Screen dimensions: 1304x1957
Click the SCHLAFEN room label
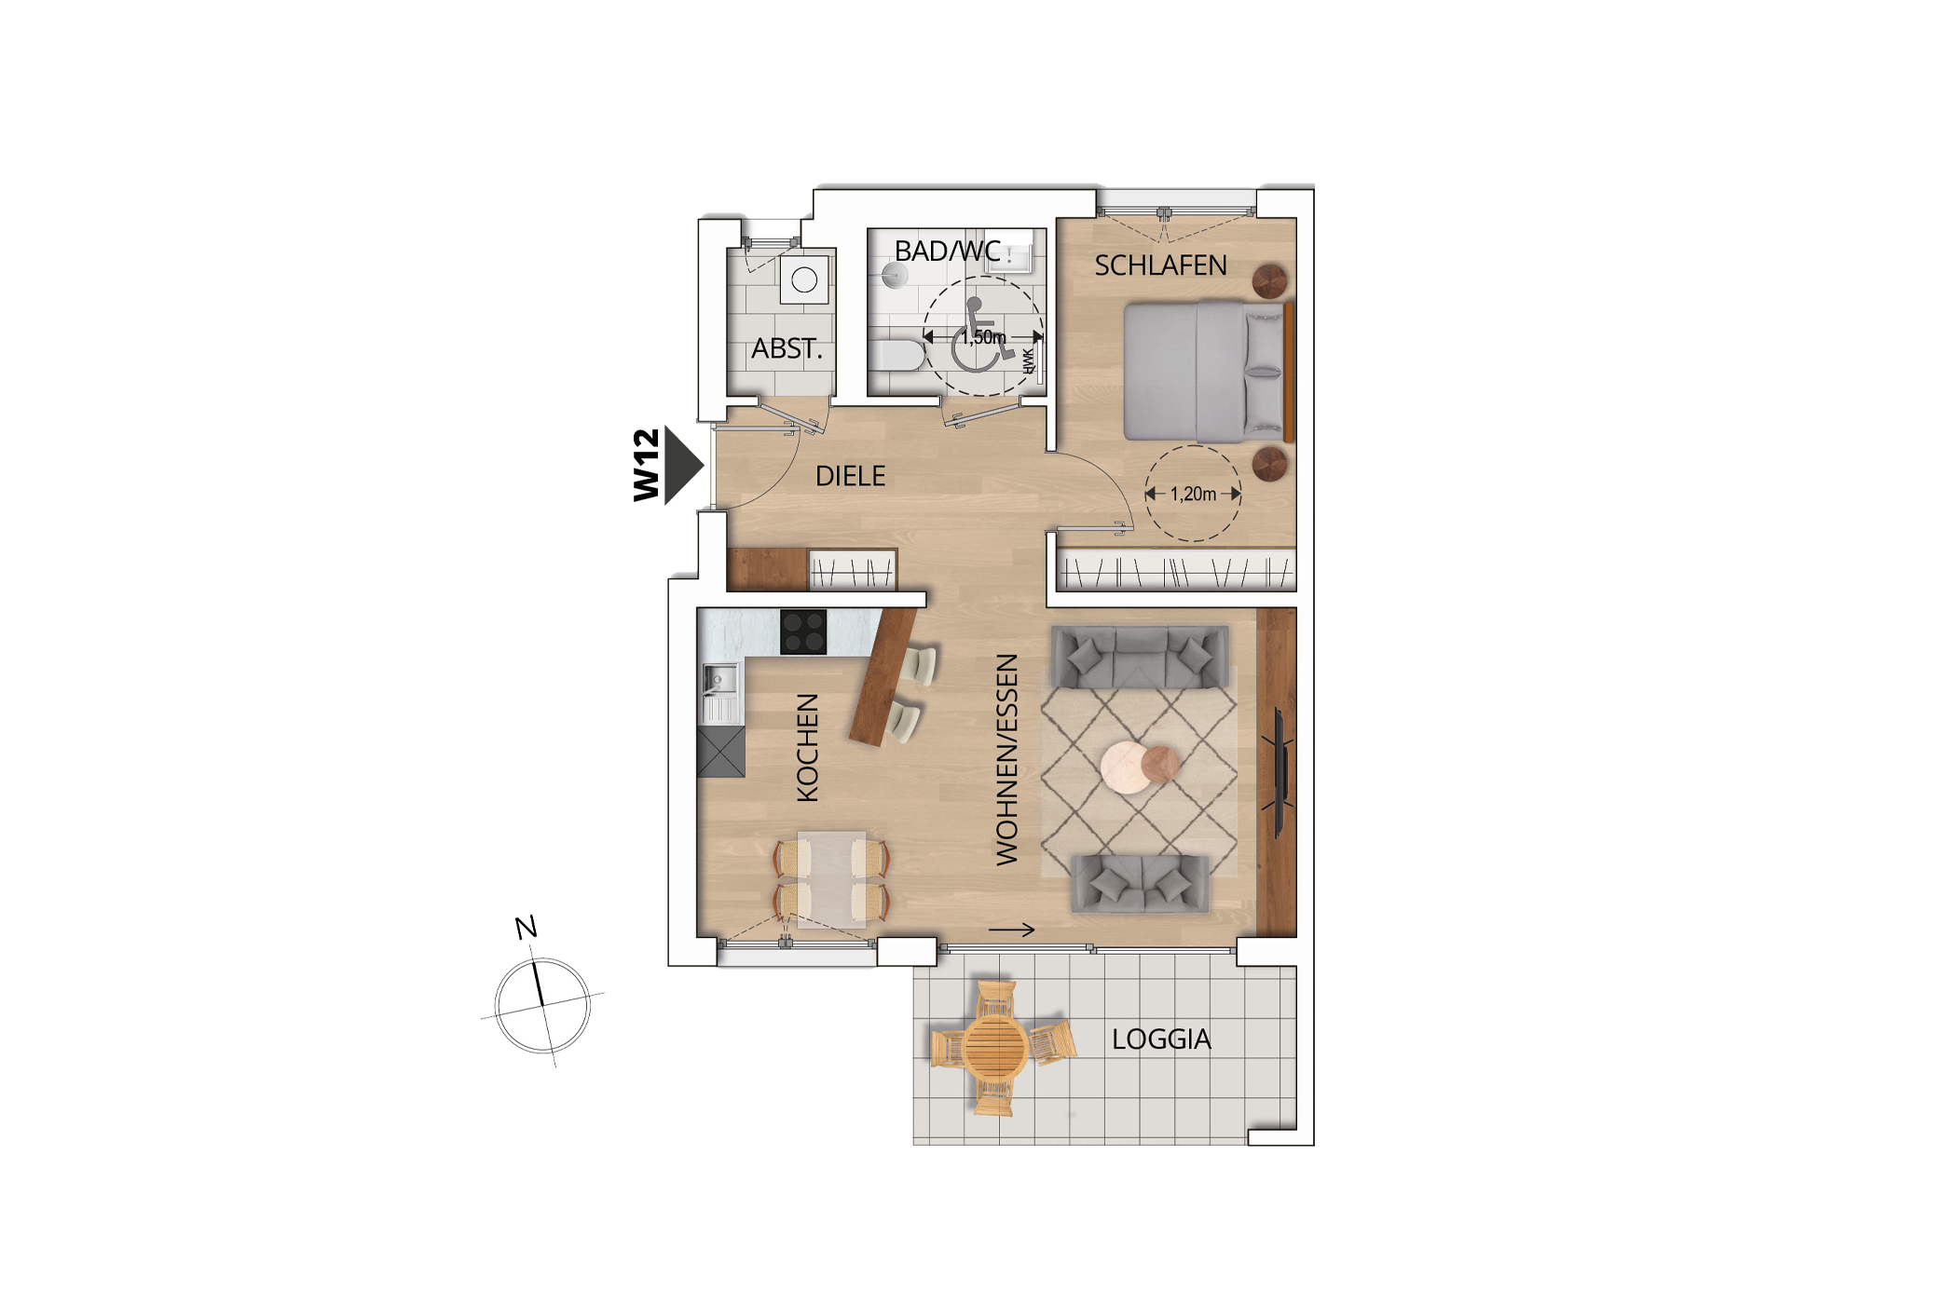coord(1160,266)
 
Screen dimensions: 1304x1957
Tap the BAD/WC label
coord(947,251)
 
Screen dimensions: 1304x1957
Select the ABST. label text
coord(787,349)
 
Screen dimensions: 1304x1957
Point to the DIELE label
coord(850,477)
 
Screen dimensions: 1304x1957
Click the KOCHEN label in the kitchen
coord(807,748)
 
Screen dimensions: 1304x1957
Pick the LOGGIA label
coord(1161,1039)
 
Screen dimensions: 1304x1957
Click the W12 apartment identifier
coord(646,465)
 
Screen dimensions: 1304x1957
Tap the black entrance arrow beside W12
coord(683,465)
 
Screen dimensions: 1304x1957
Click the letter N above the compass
coord(526,928)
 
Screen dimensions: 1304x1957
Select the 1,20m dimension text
coord(1193,495)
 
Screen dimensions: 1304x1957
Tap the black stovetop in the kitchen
coord(803,632)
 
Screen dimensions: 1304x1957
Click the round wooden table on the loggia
coord(995,1047)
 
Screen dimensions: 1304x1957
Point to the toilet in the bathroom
coord(897,355)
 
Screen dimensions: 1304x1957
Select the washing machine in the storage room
coord(804,279)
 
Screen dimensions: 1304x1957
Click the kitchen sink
coord(719,681)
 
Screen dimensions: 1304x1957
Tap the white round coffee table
coord(1125,767)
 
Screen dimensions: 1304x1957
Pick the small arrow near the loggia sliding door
coord(1012,930)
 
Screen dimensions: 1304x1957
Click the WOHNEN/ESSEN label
coord(1006,759)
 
